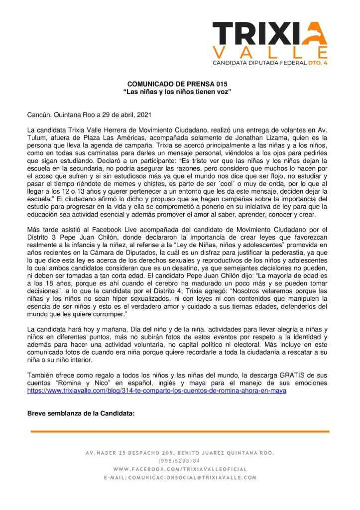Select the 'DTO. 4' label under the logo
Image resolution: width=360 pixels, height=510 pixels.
pos(317,63)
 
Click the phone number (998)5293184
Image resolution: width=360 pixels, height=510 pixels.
pos(179,461)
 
